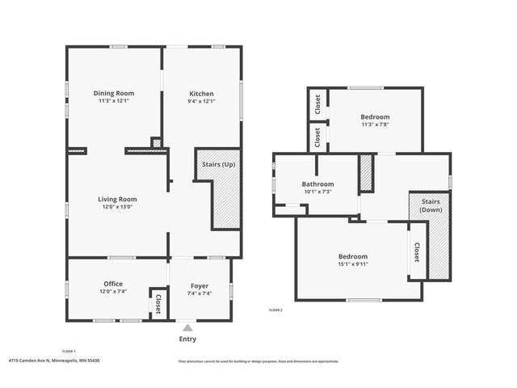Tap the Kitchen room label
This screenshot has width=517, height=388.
(x=201, y=93)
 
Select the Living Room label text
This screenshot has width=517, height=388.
(x=117, y=199)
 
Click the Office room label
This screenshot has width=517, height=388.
(x=112, y=284)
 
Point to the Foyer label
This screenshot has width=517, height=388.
(x=199, y=285)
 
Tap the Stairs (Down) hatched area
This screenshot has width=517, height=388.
(x=439, y=242)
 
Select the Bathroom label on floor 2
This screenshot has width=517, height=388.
(x=317, y=184)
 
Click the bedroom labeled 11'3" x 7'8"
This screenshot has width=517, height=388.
(x=375, y=117)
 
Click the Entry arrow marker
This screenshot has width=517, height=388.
(x=187, y=327)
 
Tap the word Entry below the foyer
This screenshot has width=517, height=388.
(x=187, y=339)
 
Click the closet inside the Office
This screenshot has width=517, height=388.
(x=158, y=303)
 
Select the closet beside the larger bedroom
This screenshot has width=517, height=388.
(x=417, y=252)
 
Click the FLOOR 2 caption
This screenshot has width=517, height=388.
(x=275, y=310)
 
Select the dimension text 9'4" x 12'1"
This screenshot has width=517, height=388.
(x=201, y=101)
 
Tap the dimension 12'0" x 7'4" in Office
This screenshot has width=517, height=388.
(x=112, y=292)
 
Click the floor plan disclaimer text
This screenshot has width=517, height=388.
(x=258, y=361)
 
